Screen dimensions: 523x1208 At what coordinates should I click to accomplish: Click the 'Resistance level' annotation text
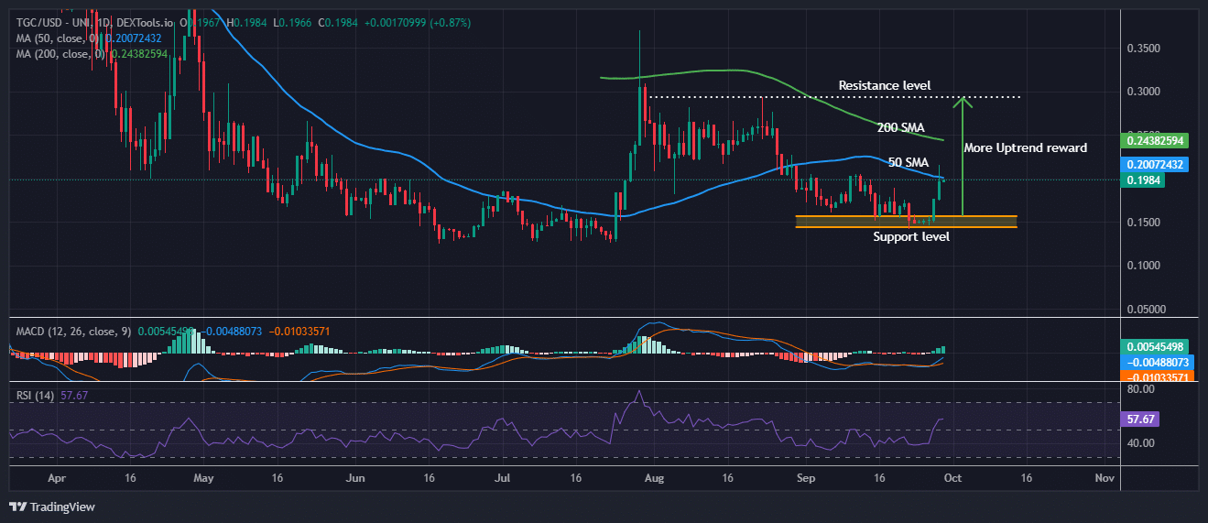[x=884, y=86]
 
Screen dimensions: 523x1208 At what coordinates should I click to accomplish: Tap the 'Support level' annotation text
[x=910, y=237]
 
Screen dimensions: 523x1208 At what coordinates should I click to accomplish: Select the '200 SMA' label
[x=899, y=127]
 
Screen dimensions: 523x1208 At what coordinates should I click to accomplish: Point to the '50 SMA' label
[x=908, y=162]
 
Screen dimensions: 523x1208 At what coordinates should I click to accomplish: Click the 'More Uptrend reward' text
[x=1025, y=147]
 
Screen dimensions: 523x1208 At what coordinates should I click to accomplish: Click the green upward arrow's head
[x=962, y=101]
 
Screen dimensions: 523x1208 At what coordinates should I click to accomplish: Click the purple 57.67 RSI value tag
[x=1137, y=418]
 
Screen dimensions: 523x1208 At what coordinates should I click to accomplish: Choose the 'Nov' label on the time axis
[x=1105, y=478]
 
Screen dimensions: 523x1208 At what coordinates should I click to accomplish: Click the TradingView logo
[x=52, y=507]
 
